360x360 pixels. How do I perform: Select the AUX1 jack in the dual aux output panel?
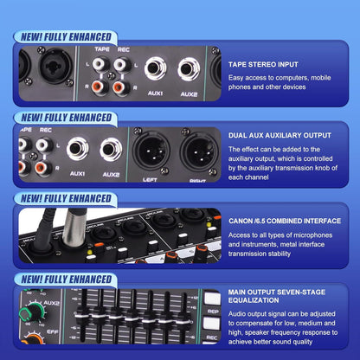click(79, 149)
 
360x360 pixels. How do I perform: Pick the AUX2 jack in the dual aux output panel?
click(111, 149)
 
